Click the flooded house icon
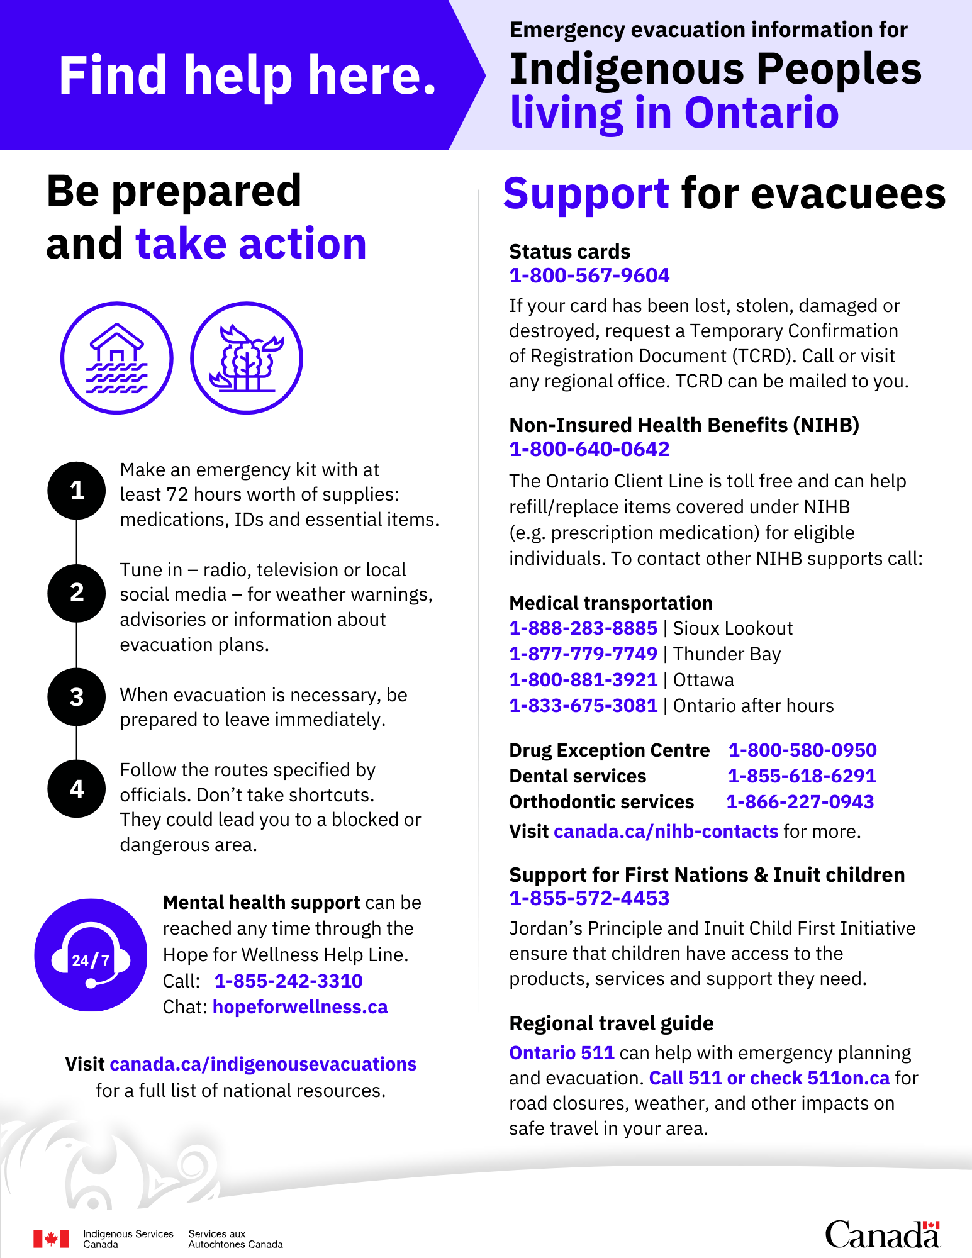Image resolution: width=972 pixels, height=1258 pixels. click(117, 358)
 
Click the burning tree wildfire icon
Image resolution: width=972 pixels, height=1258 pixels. click(247, 358)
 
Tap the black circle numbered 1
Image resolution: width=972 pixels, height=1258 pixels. click(76, 490)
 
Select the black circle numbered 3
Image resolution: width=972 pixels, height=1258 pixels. click(76, 697)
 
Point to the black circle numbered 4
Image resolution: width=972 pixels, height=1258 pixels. click(76, 789)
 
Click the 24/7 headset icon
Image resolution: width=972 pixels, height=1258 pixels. click(91, 955)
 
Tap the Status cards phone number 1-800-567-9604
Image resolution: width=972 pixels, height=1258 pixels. click(589, 276)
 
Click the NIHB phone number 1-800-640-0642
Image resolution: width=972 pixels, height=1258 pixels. click(589, 449)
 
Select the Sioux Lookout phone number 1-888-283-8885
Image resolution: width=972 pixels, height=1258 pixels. click(583, 628)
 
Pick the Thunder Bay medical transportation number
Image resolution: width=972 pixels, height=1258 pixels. click(583, 654)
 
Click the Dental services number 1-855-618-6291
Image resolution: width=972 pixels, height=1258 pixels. click(802, 776)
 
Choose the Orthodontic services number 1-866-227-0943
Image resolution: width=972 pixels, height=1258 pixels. click(800, 802)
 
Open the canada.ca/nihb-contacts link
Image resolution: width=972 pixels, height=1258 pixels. click(666, 832)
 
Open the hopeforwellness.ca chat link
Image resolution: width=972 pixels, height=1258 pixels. click(300, 1007)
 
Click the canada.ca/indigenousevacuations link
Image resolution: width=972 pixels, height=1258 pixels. click(263, 1064)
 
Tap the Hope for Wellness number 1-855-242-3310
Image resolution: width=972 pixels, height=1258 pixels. click(288, 981)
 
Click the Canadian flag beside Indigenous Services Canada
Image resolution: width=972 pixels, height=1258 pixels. click(51, 1239)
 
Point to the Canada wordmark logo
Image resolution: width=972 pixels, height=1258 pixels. click(882, 1234)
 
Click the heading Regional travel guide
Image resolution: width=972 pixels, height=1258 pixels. click(611, 1023)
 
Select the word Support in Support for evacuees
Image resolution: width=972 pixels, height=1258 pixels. click(586, 194)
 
